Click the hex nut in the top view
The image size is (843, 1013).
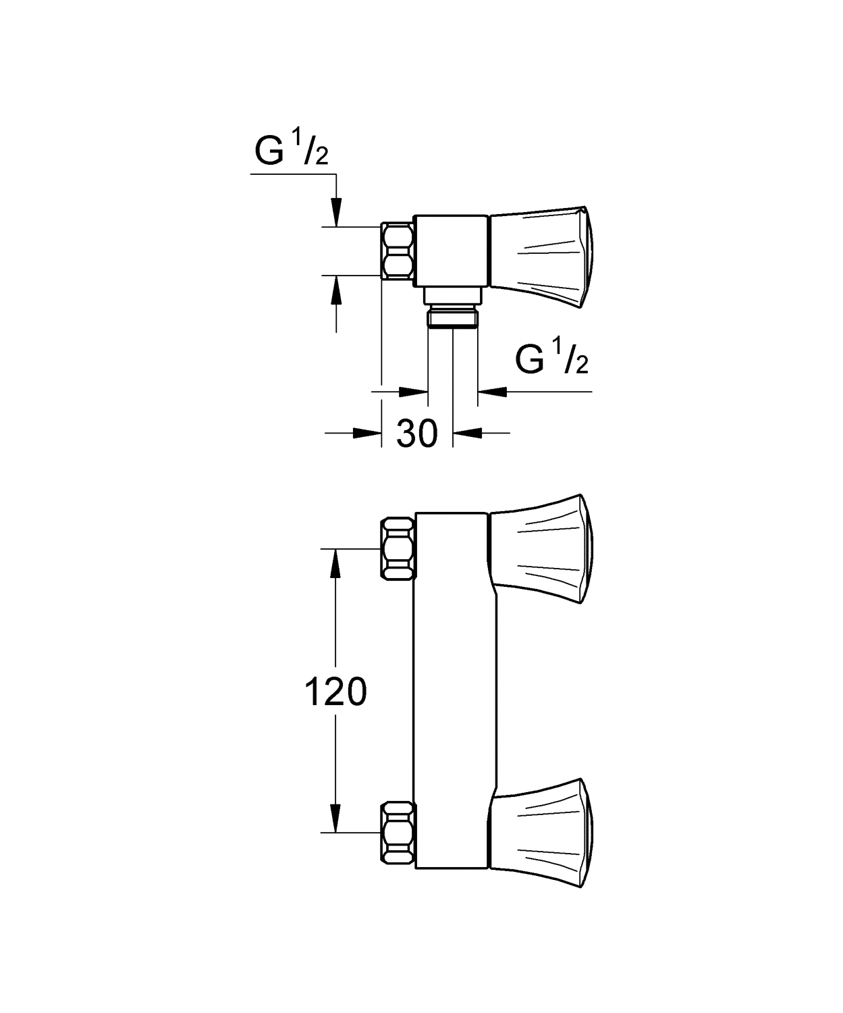tap(398, 251)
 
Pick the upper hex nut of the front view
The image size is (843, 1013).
tap(398, 548)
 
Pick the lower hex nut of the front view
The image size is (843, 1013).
tap(398, 833)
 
